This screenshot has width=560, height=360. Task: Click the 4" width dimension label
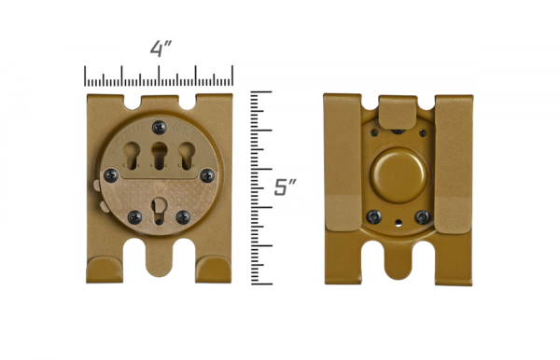tap(161, 48)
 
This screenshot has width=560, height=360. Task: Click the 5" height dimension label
tap(285, 187)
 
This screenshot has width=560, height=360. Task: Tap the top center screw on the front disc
tap(160, 127)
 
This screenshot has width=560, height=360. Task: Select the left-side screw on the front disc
tap(111, 175)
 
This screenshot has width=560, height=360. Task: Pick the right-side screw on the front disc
tap(207, 175)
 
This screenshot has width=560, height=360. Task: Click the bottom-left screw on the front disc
tap(134, 217)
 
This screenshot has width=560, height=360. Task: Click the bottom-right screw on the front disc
tap(183, 217)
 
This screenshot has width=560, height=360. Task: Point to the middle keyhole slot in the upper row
tap(160, 155)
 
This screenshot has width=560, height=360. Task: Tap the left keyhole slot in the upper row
tap(132, 155)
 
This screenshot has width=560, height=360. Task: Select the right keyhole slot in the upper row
tap(187, 155)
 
